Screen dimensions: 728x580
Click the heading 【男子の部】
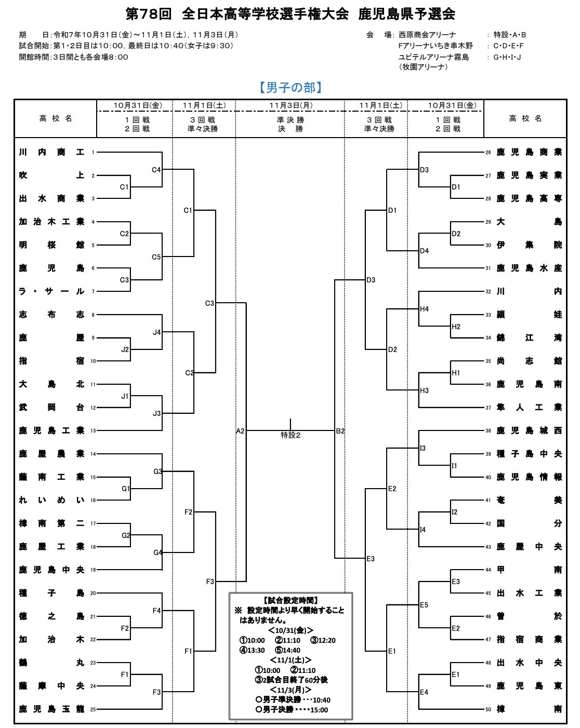click(x=291, y=87)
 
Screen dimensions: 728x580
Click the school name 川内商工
click(x=51, y=152)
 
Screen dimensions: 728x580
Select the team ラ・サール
click(x=51, y=291)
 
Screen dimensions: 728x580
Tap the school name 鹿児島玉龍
click(x=51, y=709)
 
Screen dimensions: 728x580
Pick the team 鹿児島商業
click(x=529, y=152)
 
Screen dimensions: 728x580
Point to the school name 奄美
click(x=529, y=500)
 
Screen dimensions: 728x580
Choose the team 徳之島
click(x=51, y=616)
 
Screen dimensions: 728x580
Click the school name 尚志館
click(x=529, y=361)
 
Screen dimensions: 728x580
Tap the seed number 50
click(x=488, y=709)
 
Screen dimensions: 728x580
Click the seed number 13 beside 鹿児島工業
click(x=93, y=431)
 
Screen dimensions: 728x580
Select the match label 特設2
click(x=291, y=435)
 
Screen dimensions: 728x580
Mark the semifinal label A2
click(x=240, y=431)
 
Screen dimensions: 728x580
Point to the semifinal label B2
click(x=340, y=431)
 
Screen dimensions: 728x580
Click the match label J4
click(x=156, y=332)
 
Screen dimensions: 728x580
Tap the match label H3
click(x=425, y=390)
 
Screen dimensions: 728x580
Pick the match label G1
click(x=125, y=489)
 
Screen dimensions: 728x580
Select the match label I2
click(x=455, y=512)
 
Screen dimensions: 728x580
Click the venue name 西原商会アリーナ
click(x=427, y=35)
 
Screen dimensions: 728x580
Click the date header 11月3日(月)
click(x=291, y=105)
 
